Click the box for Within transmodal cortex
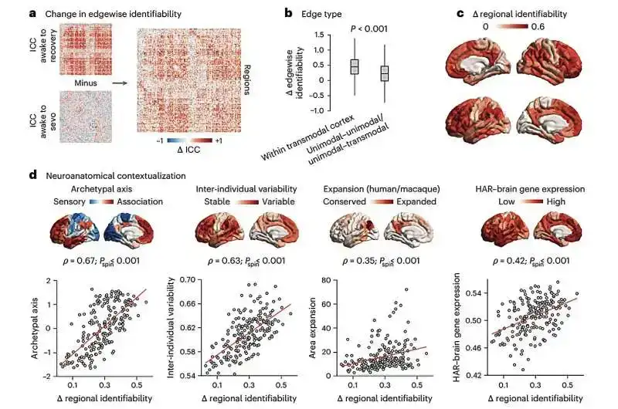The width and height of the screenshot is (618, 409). tap(355, 66)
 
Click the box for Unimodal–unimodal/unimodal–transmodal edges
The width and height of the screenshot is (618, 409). tap(384, 73)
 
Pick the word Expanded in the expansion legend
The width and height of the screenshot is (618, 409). tap(417, 201)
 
